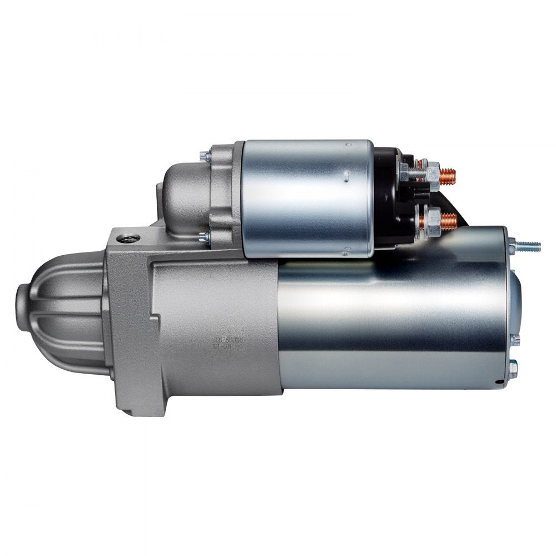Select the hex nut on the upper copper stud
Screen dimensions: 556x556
(x=430, y=170)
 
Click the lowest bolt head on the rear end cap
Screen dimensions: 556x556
(x=513, y=365)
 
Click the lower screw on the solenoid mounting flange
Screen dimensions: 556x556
(x=204, y=237)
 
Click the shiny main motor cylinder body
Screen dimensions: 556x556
(x=389, y=322)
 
